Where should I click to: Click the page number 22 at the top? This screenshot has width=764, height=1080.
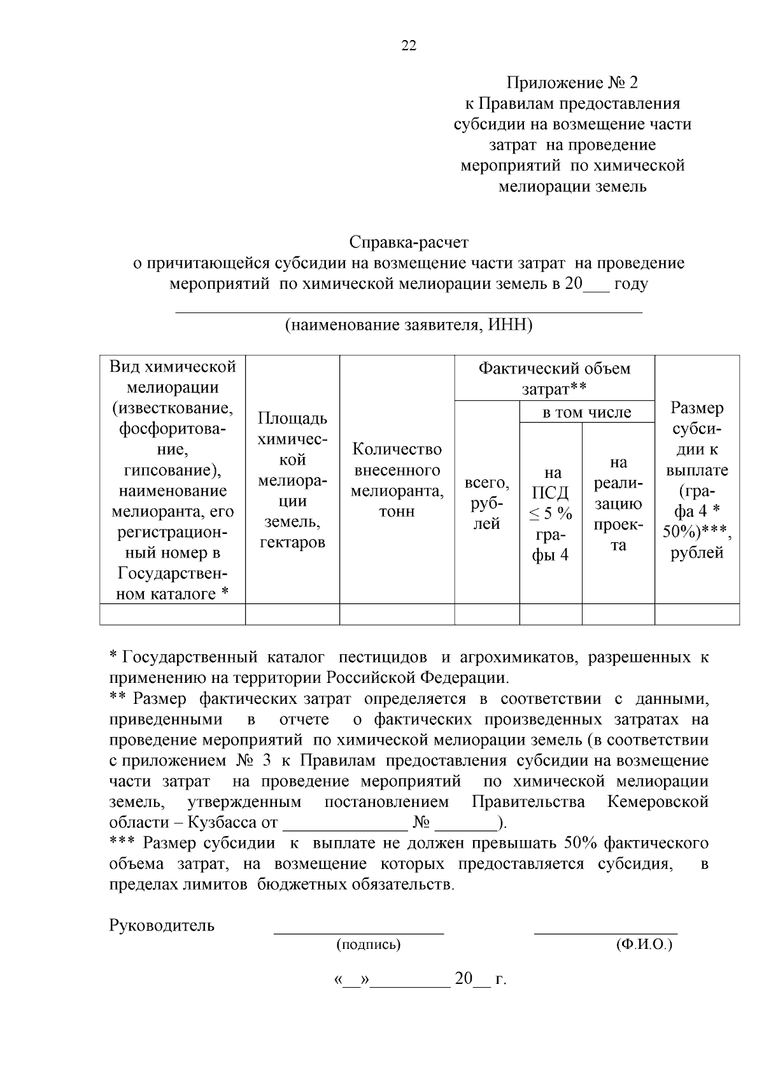pyautogui.click(x=409, y=45)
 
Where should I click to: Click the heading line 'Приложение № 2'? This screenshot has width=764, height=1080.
pyautogui.click(x=571, y=83)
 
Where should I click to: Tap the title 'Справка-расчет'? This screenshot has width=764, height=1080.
pyautogui.click(x=409, y=242)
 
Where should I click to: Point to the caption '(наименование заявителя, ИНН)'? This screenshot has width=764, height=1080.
pyautogui.click(x=408, y=325)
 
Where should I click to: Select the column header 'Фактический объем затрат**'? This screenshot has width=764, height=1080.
pyautogui.click(x=554, y=378)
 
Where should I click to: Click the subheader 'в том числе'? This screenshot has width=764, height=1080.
pyautogui.click(x=586, y=412)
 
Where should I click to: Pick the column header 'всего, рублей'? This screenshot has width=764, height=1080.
pyautogui.click(x=487, y=503)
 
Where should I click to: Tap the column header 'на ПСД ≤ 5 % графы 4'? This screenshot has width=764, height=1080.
pyautogui.click(x=551, y=514)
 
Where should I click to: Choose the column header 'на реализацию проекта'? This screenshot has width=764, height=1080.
pyautogui.click(x=618, y=503)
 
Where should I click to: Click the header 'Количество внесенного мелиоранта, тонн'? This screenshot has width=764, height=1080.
pyautogui.click(x=397, y=480)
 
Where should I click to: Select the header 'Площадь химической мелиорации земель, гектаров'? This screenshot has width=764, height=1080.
pyautogui.click(x=292, y=480)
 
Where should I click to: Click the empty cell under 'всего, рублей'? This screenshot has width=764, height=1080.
pyautogui.click(x=487, y=614)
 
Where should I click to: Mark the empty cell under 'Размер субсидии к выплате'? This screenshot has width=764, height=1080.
pyautogui.click(x=697, y=614)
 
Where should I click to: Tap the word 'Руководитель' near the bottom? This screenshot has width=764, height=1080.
pyautogui.click(x=162, y=925)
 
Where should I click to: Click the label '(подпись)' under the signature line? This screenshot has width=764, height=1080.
pyautogui.click(x=369, y=945)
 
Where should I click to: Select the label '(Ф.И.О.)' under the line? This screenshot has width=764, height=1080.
pyautogui.click(x=644, y=945)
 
